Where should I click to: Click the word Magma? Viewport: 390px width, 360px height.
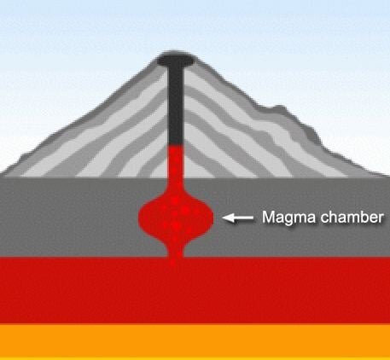[288, 218]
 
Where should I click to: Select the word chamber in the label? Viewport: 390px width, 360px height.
[352, 218]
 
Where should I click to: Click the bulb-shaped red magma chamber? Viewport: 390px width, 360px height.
[176, 218]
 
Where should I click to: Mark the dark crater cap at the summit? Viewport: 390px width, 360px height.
[176, 59]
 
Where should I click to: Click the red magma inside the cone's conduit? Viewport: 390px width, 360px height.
[176, 161]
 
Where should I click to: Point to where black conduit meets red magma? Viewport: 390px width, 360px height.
[176, 145]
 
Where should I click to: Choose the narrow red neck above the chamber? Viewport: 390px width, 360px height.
[176, 186]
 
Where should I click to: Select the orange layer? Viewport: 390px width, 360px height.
[195, 340]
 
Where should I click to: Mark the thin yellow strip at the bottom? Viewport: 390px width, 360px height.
[195, 358]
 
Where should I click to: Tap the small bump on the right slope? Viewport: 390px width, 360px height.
[277, 109]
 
